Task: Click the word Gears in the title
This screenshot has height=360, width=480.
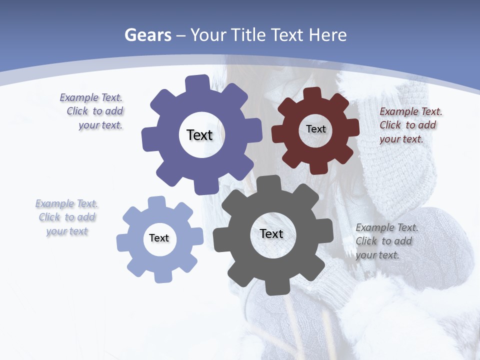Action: click(147, 35)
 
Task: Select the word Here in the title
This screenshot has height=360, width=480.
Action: click(327, 35)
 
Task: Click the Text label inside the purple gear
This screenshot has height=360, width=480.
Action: click(199, 135)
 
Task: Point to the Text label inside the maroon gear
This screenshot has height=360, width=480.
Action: click(315, 129)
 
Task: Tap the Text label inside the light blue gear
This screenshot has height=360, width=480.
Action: click(159, 238)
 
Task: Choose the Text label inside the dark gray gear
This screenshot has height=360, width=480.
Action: click(271, 233)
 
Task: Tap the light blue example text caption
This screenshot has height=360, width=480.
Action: click(67, 217)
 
